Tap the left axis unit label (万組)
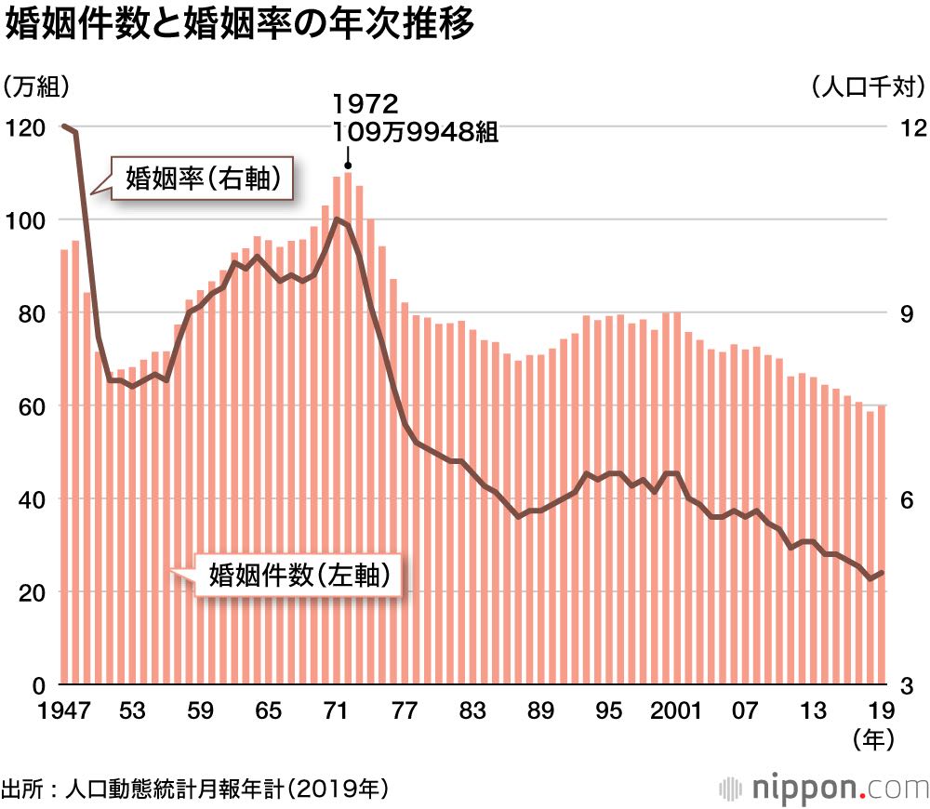[x=37, y=87]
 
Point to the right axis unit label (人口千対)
[x=866, y=87]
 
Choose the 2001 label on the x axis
[x=676, y=711]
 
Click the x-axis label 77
[x=404, y=711]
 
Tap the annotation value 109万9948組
[x=416, y=132]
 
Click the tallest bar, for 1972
[x=347, y=428]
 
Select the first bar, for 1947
[x=64, y=465]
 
